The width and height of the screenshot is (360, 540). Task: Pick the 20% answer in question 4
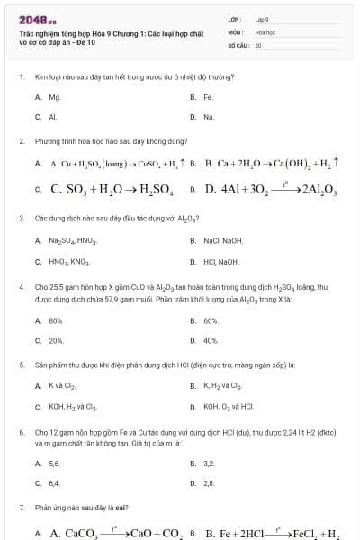[55, 341]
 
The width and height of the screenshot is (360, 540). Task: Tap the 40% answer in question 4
[211, 341]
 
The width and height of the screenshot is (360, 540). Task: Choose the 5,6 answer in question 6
[54, 463]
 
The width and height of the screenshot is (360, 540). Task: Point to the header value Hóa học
[264, 31]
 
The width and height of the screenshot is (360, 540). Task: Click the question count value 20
[258, 44]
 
